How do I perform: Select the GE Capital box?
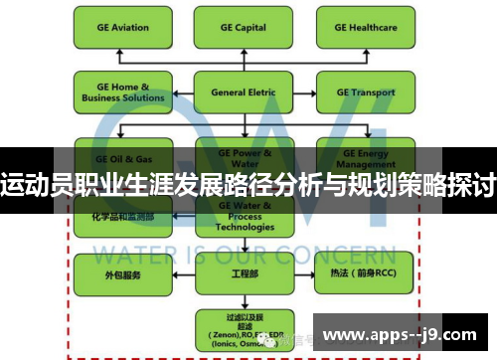tap(243, 28)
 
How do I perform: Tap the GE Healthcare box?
tap(365, 28)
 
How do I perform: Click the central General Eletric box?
tap(243, 92)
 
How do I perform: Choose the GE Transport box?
tap(365, 92)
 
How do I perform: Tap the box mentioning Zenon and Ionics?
tap(243, 328)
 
